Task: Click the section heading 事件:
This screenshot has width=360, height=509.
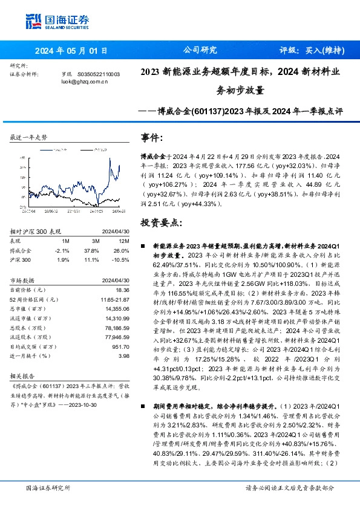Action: click(152, 137)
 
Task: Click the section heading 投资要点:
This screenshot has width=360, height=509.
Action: click(160, 223)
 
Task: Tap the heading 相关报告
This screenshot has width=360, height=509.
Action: click(23, 375)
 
